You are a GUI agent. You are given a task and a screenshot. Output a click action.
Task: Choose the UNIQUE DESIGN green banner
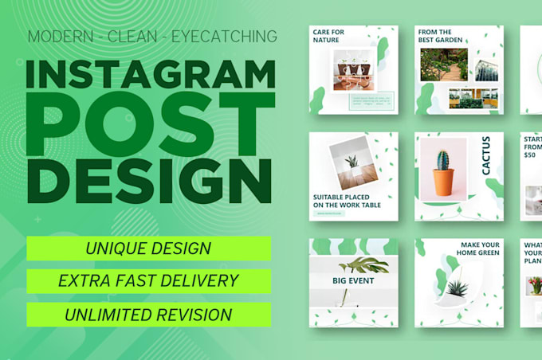148,248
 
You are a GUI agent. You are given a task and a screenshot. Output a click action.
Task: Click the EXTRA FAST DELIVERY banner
148,280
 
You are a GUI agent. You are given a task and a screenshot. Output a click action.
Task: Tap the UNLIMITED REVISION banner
148,314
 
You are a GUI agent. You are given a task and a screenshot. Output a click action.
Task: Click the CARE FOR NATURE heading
327,36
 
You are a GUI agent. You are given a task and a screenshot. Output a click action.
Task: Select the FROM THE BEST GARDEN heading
435,36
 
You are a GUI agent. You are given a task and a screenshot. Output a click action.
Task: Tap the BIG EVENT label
353,281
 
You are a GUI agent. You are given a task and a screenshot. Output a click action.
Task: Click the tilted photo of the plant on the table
352,162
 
